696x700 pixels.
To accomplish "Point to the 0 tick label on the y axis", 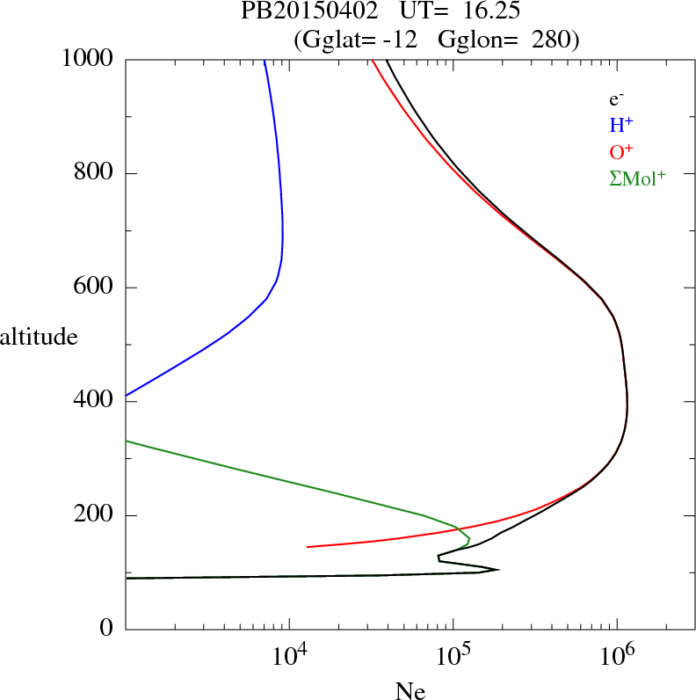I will pos(106,629).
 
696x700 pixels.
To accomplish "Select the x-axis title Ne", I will pos(410,691).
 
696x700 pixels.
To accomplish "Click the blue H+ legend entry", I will pos(622,125).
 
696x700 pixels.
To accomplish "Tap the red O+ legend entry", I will pos(622,151).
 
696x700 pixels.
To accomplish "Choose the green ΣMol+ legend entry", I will pos(637,179).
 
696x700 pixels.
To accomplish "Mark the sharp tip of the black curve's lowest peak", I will pos(498,569).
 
